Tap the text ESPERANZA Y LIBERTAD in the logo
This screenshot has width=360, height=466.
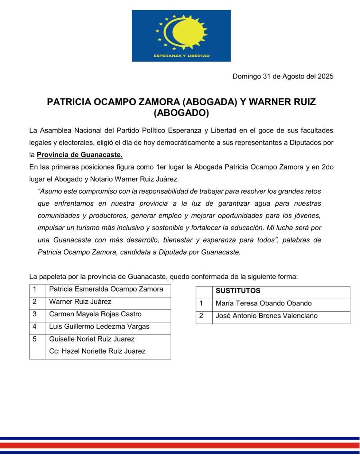coord(181,56)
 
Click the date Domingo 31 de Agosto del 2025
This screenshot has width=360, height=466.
coord(283,76)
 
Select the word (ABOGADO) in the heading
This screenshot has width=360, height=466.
coord(181,113)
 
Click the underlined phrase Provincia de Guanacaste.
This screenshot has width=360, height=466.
coord(79,155)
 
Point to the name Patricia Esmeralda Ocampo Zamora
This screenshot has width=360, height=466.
coord(106,289)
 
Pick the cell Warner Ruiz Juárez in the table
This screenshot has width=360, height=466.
coord(80,302)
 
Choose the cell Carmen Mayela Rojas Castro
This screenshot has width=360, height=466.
coord(95,314)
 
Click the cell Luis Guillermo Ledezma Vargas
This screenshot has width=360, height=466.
coord(99,327)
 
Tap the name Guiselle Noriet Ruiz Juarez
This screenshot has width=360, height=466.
coord(92,339)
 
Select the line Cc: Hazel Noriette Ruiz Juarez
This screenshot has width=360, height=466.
coord(97,351)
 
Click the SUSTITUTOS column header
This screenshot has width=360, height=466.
coord(238,291)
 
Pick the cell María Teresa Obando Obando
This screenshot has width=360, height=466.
coord(263,303)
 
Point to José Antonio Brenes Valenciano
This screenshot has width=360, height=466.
coord(266,316)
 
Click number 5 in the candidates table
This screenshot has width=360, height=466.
coord(35,339)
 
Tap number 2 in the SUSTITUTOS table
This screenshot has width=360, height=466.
coord(201,316)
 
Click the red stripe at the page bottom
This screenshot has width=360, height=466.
coord(180,445)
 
